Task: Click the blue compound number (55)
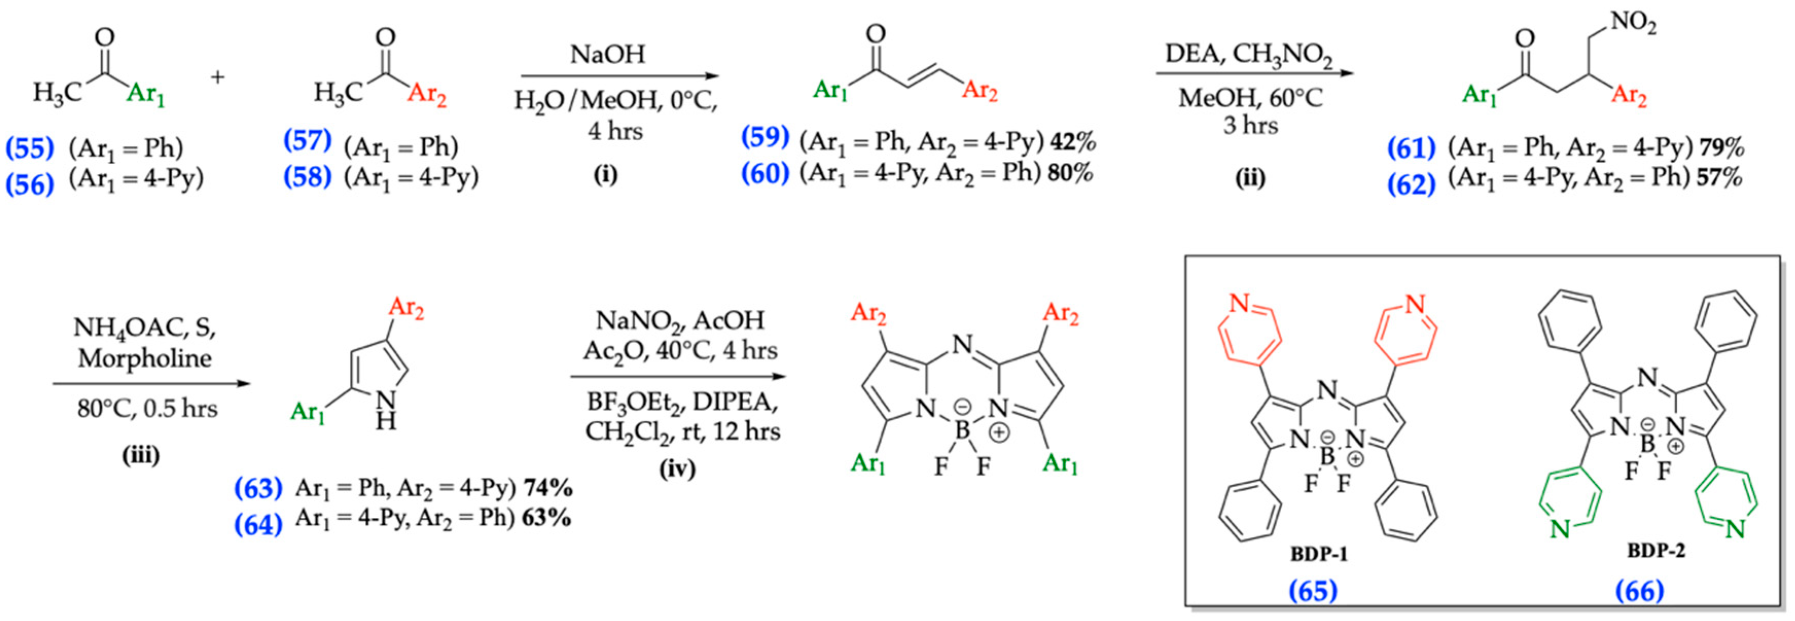(30, 148)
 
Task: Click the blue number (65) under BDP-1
(1313, 590)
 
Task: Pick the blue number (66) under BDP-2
(1640, 590)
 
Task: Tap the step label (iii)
(141, 455)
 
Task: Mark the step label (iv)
(677, 468)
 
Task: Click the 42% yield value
(1073, 142)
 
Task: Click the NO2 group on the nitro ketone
(1632, 24)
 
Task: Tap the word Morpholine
(144, 358)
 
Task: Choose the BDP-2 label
(1656, 551)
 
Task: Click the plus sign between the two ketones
(218, 76)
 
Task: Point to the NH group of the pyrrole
(385, 411)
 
